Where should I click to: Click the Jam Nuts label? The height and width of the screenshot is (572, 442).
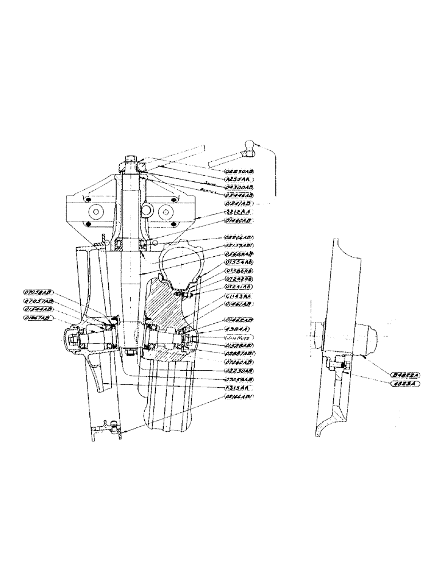point(238,338)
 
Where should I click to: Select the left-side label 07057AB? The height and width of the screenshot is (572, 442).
point(38,300)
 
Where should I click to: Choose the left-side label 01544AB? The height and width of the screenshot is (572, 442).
point(38,309)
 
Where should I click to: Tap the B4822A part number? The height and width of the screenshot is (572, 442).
point(404,376)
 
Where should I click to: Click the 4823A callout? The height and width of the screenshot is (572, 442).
point(404,385)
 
